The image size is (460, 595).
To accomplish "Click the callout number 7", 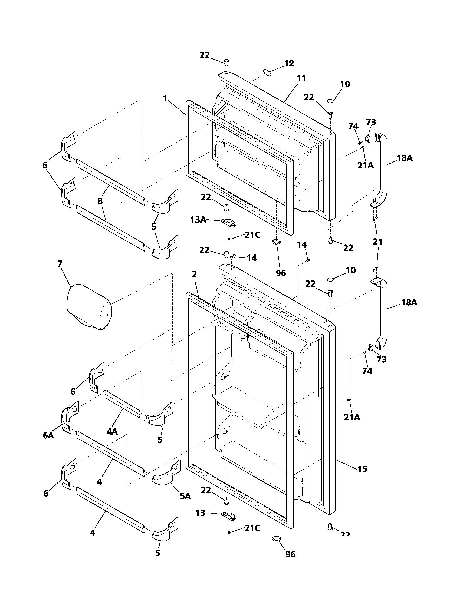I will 60,263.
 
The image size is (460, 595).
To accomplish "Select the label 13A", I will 198,219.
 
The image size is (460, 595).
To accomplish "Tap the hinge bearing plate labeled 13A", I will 229,223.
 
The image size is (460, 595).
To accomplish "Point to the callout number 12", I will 289,63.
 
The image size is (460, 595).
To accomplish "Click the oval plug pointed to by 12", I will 268,72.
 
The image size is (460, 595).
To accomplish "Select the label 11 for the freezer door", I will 301,78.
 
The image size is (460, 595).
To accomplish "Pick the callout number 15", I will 362,469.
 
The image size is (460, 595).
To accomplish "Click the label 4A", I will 112,431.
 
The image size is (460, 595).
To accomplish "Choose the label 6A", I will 48,435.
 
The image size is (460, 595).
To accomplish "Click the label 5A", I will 185,496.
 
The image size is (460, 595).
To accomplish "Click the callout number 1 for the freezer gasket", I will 165,99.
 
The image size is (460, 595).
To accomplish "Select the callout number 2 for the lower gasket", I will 194,274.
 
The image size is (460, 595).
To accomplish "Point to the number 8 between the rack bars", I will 100,201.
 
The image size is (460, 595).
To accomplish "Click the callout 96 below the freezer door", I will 281,273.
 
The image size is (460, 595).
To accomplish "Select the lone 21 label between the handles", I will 377,241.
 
